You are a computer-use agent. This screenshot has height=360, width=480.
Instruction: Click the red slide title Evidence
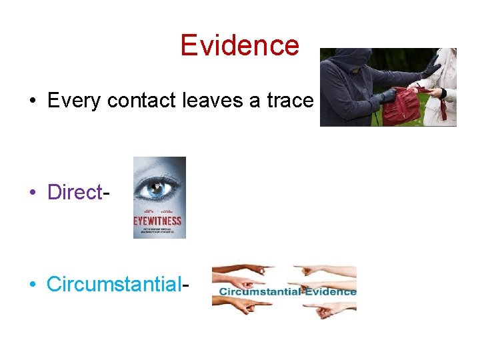239,45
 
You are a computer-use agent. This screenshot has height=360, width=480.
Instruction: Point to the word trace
289,101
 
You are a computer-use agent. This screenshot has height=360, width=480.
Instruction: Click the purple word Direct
74,192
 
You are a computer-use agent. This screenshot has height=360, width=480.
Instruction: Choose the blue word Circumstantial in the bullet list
114,284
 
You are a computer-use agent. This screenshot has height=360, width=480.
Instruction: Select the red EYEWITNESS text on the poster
159,222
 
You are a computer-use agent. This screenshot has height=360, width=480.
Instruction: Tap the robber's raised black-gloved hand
433,66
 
